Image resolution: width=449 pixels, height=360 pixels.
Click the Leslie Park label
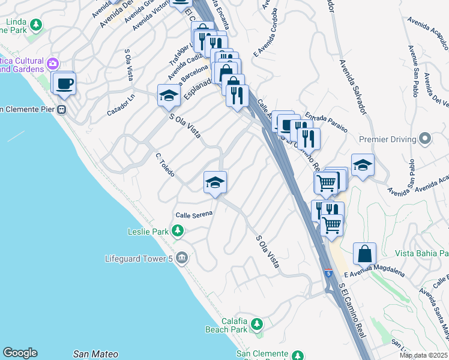pos(149,231)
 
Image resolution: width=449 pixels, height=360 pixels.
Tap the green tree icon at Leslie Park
pos(178,230)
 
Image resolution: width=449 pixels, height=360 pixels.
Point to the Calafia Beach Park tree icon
pos(257,325)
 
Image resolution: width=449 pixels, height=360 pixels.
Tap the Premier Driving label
pos(387,140)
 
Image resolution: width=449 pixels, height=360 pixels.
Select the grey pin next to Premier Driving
pos(425,139)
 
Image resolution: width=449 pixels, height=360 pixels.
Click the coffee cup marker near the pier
pos(64,83)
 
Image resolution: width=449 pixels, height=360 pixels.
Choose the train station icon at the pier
pos(61,109)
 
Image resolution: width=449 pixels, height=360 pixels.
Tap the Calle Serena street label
pos(194,215)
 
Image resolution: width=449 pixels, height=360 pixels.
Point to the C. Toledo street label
pos(165,165)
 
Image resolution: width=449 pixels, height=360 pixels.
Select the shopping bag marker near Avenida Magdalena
pos(364,254)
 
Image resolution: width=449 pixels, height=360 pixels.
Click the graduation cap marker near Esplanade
pos(169,95)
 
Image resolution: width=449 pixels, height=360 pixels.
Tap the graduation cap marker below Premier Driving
pos(363,165)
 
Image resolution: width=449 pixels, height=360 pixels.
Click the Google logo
pos(20,353)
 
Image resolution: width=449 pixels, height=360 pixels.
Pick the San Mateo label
pos(95,354)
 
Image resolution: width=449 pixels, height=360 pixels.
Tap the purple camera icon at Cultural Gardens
pos(53,62)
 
